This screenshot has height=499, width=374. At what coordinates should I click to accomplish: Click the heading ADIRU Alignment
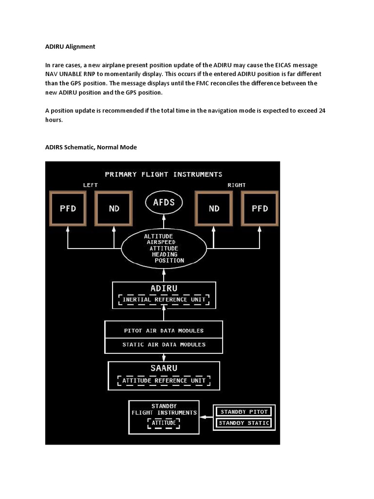tap(70, 47)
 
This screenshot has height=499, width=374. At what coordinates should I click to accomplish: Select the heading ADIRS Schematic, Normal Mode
tap(91, 147)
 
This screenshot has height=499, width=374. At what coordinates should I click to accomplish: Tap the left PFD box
tap(68, 209)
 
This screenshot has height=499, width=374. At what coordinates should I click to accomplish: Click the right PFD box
tap(260, 209)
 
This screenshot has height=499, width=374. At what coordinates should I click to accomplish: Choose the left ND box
tap(114, 209)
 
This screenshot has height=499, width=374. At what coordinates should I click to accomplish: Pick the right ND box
tap(214, 209)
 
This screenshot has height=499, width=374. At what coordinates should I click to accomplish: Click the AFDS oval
tap(164, 202)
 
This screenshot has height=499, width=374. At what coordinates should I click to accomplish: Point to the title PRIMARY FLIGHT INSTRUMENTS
tap(164, 174)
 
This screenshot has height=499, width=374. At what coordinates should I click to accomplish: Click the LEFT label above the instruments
tap(91, 185)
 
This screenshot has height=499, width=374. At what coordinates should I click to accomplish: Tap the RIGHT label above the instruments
tap(237, 185)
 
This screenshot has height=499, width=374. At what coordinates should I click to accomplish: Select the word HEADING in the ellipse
tap(165, 254)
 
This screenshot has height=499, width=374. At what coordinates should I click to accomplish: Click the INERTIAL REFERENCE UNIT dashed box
tap(164, 300)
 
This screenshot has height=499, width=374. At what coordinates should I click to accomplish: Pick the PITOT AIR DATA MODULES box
tap(164, 330)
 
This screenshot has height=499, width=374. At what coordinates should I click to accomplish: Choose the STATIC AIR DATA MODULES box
tap(164, 345)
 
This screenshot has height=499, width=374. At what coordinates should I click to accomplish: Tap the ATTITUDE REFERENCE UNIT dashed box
tap(164, 381)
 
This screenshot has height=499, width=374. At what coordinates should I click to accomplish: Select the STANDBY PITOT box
tap(244, 412)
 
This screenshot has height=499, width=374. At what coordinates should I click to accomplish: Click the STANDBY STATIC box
tap(244, 423)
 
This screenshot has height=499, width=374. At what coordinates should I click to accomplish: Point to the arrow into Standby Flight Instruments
tap(207, 417)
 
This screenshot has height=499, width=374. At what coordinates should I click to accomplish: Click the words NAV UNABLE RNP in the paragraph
tap(73, 74)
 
